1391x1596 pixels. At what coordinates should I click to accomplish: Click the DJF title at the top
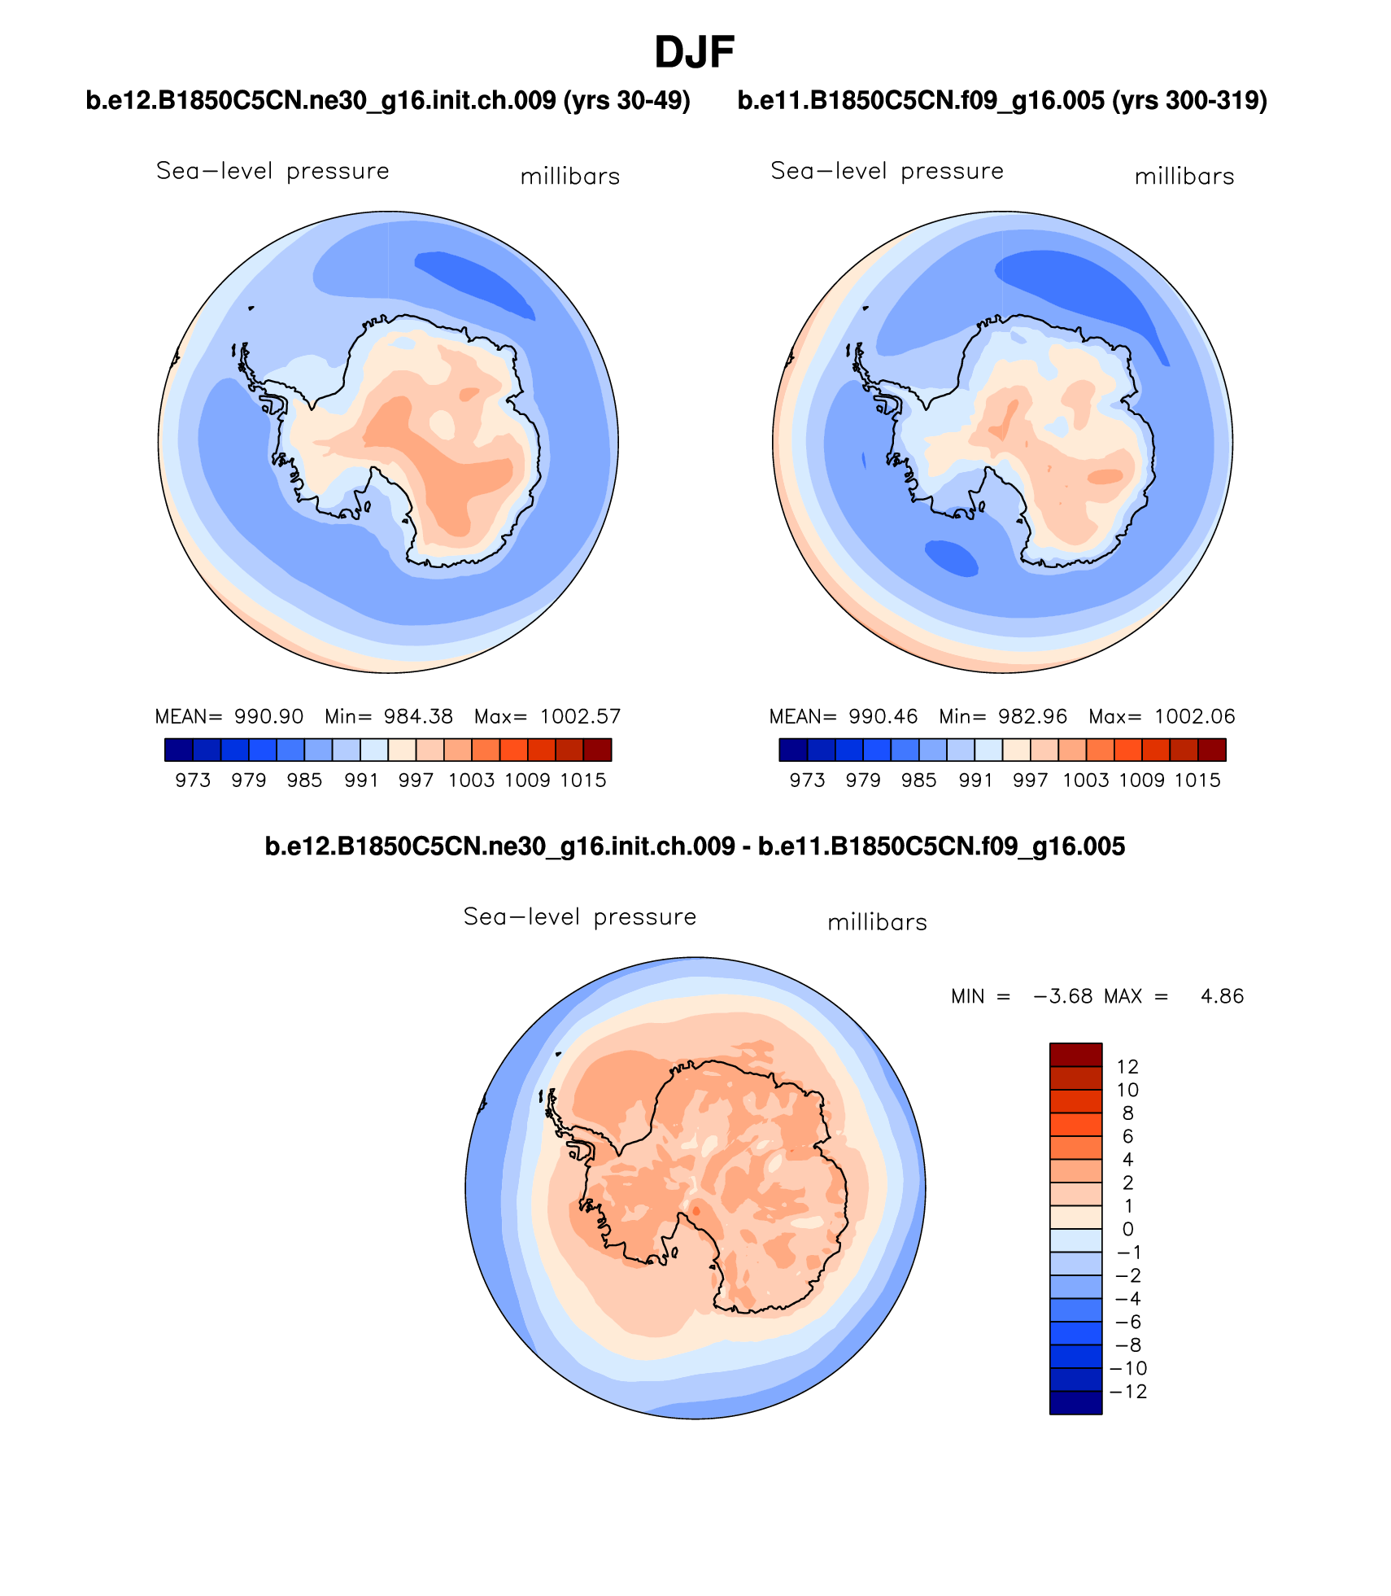(694, 53)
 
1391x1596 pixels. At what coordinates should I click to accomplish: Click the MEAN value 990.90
(268, 716)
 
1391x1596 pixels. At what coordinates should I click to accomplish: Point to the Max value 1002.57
(580, 716)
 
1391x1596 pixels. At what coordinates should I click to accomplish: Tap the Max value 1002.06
(1194, 716)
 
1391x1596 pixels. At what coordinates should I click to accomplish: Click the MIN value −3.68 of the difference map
(1062, 996)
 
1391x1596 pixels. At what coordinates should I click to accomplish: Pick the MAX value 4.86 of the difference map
(1222, 996)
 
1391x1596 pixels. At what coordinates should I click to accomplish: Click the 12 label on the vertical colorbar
(1127, 1066)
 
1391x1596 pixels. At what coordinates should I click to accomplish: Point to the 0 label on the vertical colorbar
(1127, 1229)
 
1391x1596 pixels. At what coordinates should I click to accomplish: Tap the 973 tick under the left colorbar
(193, 780)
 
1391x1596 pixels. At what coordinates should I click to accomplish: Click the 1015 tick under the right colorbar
(1197, 780)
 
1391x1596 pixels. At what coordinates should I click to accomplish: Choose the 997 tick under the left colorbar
(416, 780)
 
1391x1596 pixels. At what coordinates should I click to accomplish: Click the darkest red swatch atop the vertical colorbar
(1075, 1054)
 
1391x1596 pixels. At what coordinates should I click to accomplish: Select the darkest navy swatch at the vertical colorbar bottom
(1075, 1402)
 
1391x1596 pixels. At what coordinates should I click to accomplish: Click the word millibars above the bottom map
(877, 922)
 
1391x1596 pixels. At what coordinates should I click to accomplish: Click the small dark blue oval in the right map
(951, 558)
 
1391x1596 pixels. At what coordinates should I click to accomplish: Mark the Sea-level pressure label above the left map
(273, 171)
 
